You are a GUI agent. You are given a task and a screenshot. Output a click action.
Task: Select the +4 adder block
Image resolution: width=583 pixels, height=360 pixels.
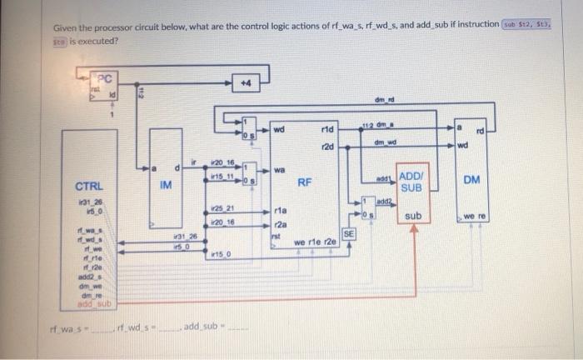[246, 83]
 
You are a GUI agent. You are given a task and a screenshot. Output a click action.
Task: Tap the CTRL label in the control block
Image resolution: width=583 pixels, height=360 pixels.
[88, 187]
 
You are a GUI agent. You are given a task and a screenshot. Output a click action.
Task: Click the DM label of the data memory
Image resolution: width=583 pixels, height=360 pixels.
[471, 178]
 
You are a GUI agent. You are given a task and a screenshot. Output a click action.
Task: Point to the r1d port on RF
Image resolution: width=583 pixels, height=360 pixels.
[326, 130]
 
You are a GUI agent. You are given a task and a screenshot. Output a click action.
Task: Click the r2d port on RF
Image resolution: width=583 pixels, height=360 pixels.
[326, 147]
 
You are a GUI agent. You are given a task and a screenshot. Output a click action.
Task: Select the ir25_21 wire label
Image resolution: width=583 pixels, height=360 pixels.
[221, 207]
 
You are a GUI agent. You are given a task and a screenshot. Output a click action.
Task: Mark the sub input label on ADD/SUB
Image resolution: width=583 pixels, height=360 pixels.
[413, 216]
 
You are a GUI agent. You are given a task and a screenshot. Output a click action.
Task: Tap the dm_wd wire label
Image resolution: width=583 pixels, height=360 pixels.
[383, 142]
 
